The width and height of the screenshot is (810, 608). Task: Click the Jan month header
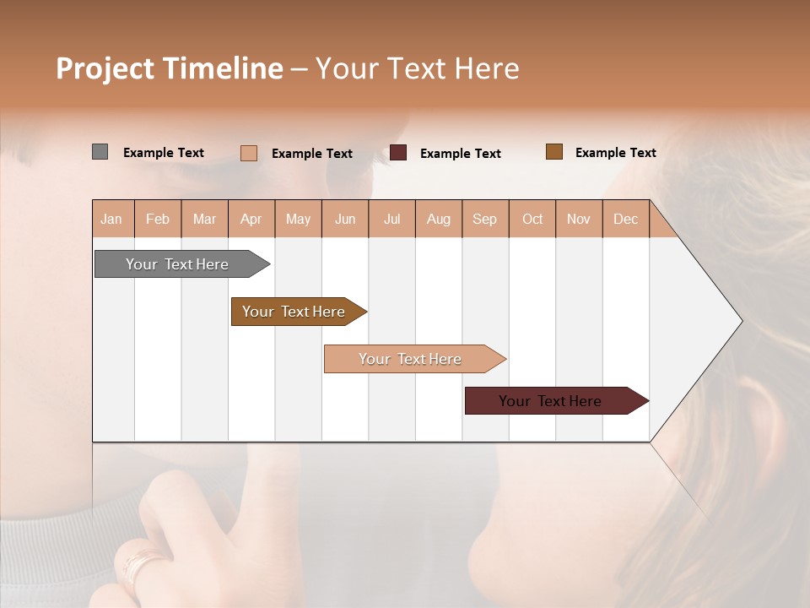112,219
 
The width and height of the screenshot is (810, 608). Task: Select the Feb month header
158,219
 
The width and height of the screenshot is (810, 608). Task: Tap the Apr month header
251,219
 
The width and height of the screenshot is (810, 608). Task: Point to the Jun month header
345,219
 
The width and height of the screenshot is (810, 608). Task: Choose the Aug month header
439,219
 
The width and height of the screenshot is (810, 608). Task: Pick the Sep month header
485,219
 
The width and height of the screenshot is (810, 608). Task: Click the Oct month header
532,219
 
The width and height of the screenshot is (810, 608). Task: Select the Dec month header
626,219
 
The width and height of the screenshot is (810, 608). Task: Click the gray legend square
100,152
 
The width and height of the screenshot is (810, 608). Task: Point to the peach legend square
249,153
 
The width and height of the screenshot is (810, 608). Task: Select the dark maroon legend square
398,152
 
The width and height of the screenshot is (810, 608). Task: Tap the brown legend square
554,151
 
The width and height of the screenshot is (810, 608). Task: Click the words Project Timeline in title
170,68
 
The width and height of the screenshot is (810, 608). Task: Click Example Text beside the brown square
615,152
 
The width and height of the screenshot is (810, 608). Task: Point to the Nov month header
579,219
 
